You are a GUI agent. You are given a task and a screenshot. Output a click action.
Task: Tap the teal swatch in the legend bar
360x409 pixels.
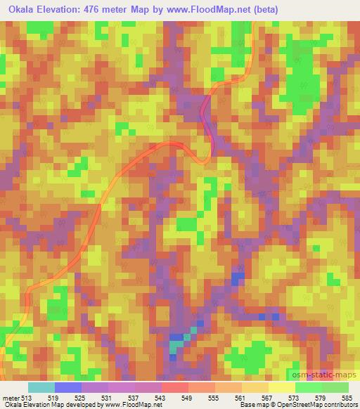pyautogui.click(x=41, y=387)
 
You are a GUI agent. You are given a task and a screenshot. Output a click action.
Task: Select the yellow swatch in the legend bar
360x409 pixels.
pyautogui.click(x=281, y=387)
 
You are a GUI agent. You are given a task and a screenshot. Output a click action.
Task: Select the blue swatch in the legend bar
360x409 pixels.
pyautogui.click(x=68, y=387)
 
